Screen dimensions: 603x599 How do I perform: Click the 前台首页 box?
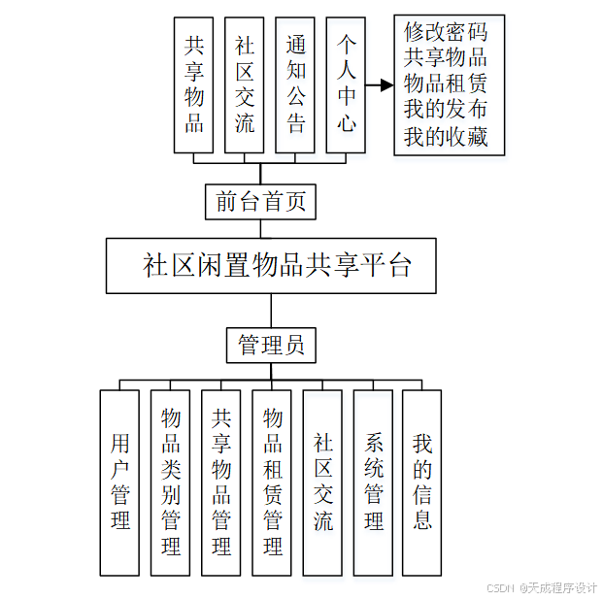tap(260, 201)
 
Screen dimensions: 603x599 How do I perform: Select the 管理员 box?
tap(271, 345)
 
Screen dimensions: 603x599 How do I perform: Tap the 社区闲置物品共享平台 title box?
tap(271, 265)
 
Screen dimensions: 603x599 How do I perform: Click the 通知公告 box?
tap(295, 84)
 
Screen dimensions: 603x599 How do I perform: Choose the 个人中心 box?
tap(346, 84)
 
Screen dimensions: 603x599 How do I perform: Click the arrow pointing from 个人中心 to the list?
tap(380, 85)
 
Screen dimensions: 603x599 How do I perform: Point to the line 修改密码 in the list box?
tap(446, 32)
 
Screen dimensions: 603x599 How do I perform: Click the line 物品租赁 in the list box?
tap(446, 84)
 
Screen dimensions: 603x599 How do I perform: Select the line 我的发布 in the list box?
tap(446, 111)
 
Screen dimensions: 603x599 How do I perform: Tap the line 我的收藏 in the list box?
tap(446, 137)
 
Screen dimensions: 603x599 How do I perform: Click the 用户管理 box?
tap(120, 483)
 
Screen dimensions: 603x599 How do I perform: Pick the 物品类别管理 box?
tap(171, 483)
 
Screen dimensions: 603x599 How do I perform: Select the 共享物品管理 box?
tap(221, 483)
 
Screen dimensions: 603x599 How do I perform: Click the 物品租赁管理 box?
tap(272, 483)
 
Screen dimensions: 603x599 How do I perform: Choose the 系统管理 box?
tap(373, 483)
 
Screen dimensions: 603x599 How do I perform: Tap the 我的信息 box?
tap(422, 483)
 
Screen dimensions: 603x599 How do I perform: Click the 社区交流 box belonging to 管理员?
tap(322, 483)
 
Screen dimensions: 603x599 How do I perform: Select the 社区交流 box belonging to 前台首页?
tap(245, 84)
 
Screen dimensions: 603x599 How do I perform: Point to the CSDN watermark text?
tap(541, 587)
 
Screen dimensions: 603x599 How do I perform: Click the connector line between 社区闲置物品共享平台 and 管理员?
tap(271, 311)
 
